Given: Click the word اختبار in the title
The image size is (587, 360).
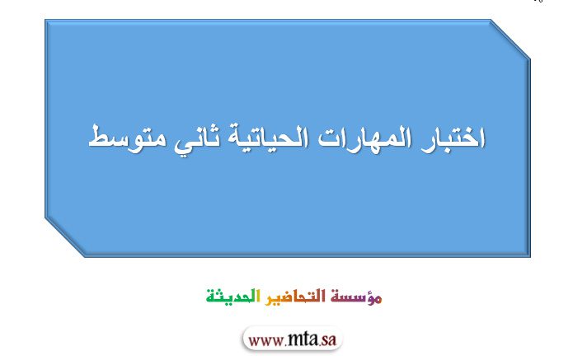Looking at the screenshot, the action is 453,138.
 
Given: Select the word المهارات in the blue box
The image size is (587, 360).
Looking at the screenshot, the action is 364,138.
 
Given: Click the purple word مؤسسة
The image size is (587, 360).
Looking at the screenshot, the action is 356,297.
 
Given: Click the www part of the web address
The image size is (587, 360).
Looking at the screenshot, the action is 265,340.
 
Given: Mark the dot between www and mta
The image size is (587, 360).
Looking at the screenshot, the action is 285,344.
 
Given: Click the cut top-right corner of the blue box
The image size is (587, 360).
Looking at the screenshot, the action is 510,40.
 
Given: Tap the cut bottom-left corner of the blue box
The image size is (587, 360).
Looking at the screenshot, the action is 65,237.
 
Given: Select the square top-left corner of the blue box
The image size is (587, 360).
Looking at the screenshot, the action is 45,21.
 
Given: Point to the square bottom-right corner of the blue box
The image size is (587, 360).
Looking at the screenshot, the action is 530,256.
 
